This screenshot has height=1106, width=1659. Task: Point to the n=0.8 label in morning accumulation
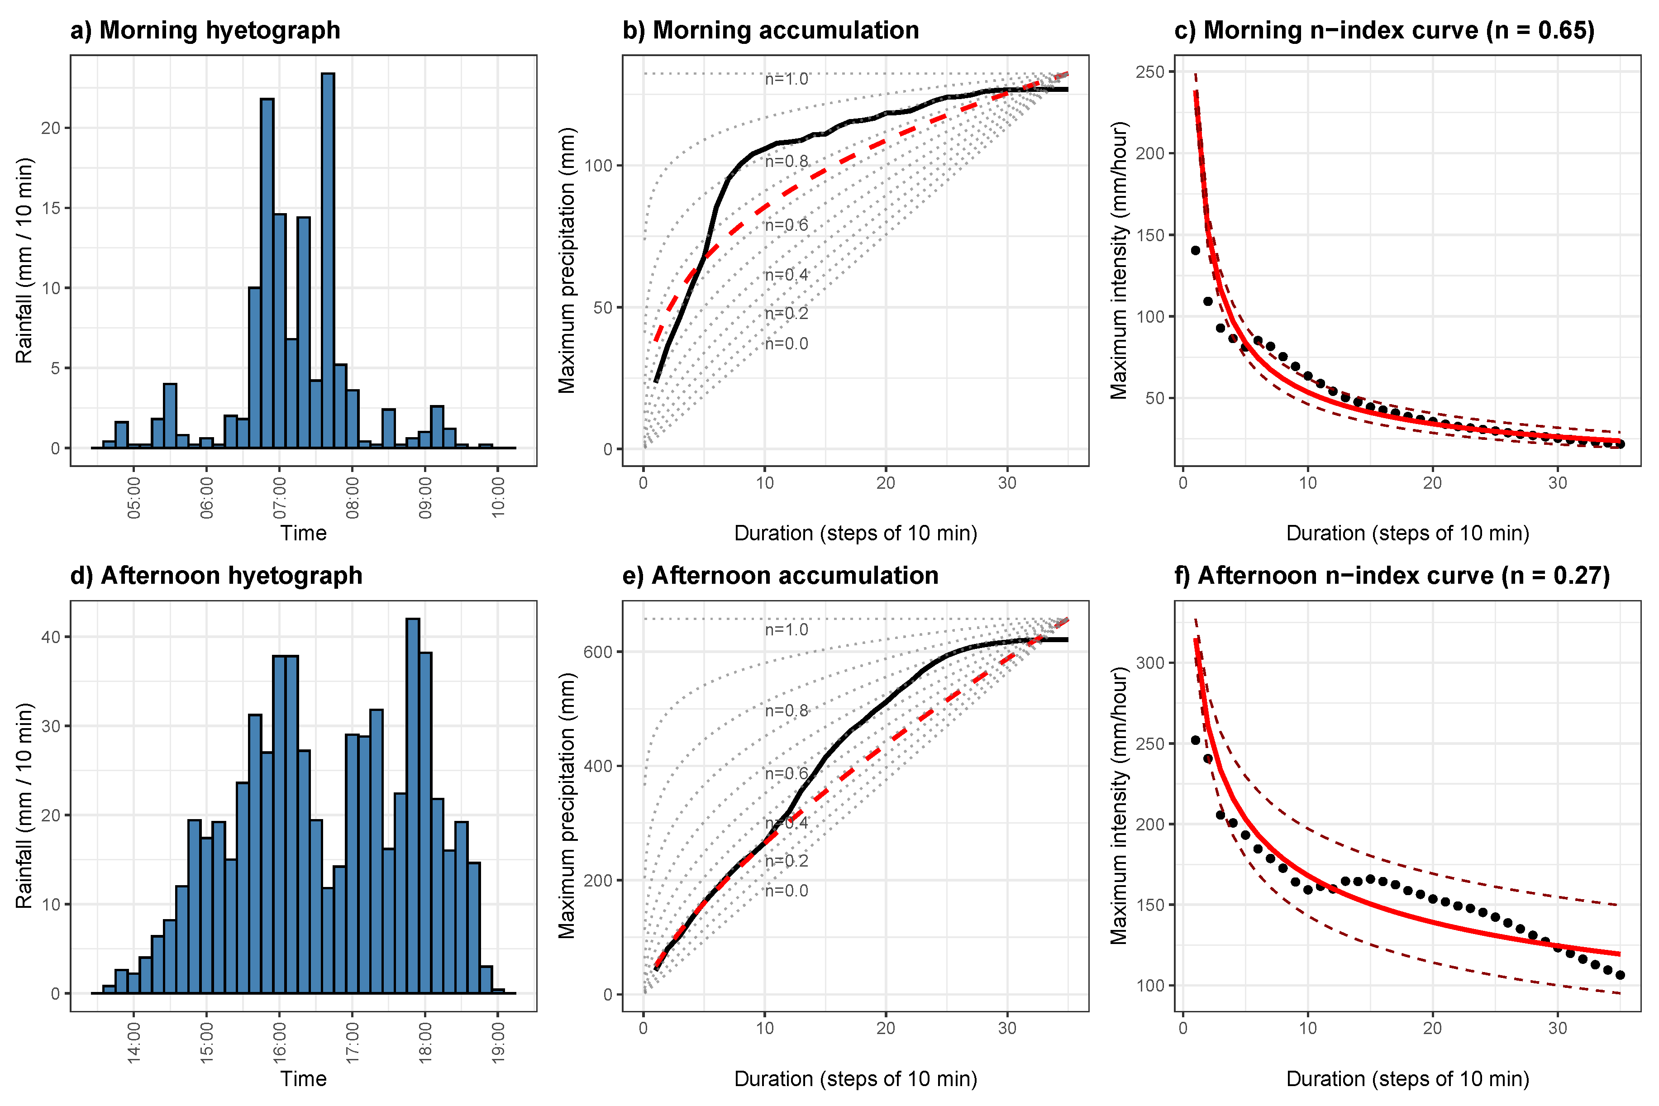[787, 162]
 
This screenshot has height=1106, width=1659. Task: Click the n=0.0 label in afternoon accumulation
[787, 891]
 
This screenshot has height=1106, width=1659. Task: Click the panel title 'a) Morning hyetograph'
[205, 30]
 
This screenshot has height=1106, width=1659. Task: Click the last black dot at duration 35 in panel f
[1620, 975]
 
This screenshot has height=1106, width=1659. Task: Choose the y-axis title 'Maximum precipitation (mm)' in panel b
[567, 260]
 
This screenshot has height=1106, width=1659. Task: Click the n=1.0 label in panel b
[787, 79]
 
